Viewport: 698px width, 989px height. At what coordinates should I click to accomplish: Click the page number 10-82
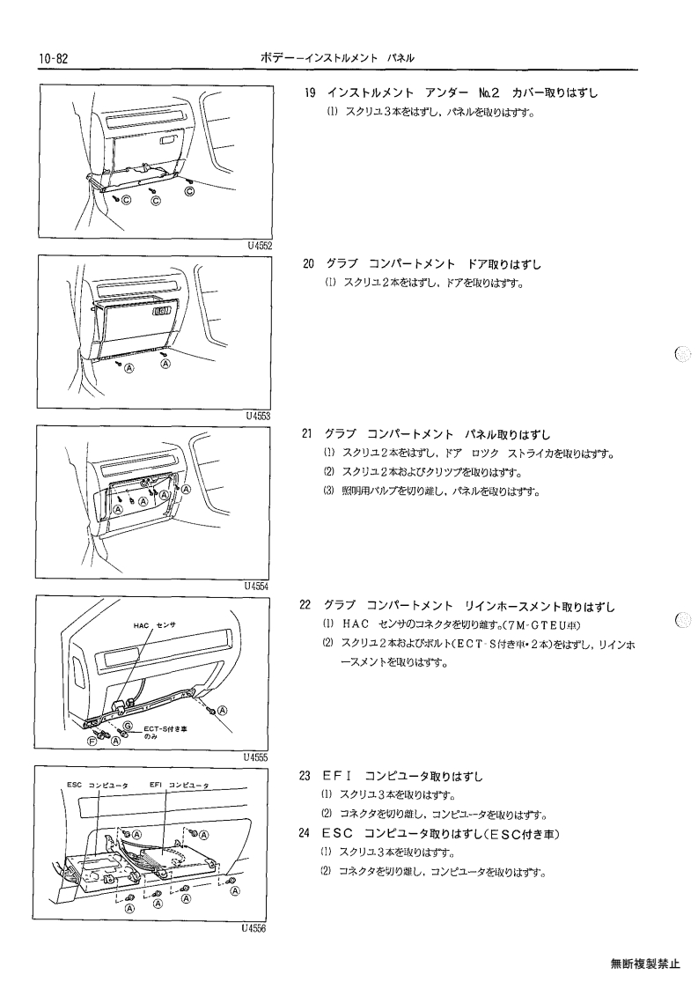coord(53,59)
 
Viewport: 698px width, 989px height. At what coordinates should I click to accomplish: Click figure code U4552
coord(260,246)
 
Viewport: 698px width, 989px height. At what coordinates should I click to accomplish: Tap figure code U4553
coord(259,416)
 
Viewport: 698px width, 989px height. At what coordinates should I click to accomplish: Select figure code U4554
coord(257,586)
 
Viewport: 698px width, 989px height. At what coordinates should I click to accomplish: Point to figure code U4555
coord(255,757)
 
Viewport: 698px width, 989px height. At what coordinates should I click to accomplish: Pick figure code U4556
coord(253,928)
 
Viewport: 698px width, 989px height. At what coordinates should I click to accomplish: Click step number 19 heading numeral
coord(309,92)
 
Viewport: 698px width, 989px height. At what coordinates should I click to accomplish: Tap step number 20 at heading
coord(308,263)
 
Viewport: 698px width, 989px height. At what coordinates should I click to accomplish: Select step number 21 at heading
coord(307,434)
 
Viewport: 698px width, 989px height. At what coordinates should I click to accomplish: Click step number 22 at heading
coord(305,605)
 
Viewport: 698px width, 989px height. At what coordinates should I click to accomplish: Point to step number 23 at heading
coord(305,776)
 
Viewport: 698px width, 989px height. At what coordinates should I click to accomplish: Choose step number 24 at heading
coord(305,833)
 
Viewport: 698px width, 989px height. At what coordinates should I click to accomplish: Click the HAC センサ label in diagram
coord(155,625)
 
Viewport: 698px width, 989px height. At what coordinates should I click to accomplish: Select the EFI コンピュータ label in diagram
coord(180,785)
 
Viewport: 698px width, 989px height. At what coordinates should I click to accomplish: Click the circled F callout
coord(92,742)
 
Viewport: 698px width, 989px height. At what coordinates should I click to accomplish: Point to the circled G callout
coord(127,725)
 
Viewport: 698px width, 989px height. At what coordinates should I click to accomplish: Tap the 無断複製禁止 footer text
coord(645,963)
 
